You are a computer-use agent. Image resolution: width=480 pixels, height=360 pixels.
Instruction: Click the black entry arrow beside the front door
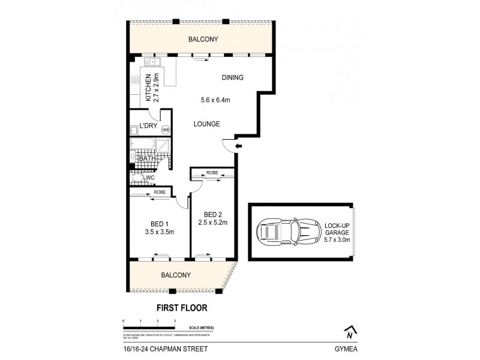[238, 146]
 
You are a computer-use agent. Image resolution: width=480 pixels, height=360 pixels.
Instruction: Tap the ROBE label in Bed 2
[212, 173]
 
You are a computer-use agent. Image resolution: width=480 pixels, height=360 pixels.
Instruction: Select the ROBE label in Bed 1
[160, 192]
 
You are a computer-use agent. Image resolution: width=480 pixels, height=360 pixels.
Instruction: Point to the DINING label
[232, 77]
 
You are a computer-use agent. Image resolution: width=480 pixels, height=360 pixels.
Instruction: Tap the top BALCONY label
[202, 40]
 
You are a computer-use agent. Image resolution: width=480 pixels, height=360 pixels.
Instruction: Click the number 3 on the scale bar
[175, 322]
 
